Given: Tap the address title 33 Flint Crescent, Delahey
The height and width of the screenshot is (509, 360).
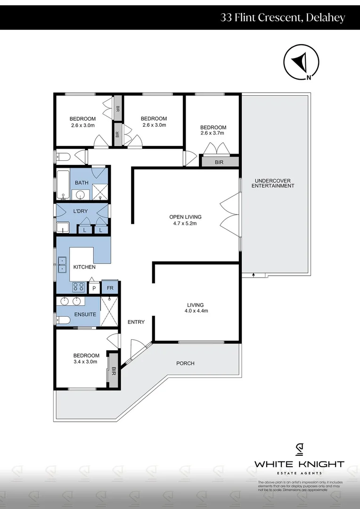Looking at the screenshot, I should (x=283, y=18).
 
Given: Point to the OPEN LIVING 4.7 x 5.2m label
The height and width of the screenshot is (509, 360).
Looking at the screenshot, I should (x=185, y=220).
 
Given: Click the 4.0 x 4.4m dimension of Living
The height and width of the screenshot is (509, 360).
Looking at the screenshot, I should (x=197, y=311).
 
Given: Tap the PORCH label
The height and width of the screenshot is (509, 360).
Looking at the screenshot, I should (x=185, y=363).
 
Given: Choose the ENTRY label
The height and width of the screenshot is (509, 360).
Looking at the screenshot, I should (x=136, y=322).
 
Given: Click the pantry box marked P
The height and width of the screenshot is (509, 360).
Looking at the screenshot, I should (x=94, y=288).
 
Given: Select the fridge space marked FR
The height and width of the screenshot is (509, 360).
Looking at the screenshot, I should (x=109, y=288).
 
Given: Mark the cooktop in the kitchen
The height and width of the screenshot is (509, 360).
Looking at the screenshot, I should (x=78, y=287).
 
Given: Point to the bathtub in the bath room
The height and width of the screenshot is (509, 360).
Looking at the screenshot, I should (x=63, y=185).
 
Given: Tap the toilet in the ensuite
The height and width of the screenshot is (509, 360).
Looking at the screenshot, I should (x=63, y=320).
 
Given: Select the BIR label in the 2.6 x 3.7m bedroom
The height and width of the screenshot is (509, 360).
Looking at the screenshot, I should (x=219, y=162).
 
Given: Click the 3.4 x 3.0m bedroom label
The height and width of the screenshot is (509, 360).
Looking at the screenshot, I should (x=86, y=359).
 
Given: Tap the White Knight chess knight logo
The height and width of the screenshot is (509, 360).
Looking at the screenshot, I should (x=299, y=450).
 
